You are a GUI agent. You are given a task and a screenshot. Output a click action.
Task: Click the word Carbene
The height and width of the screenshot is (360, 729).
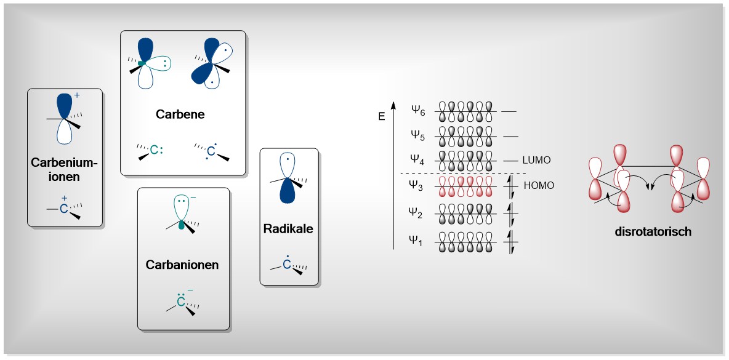(x=180, y=114)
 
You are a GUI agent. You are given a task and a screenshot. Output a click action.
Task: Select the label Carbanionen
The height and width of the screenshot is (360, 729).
(x=182, y=265)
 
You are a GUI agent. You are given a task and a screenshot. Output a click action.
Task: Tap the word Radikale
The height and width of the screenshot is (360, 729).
(x=289, y=229)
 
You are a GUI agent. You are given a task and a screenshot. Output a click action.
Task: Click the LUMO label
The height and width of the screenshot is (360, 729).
(x=536, y=160)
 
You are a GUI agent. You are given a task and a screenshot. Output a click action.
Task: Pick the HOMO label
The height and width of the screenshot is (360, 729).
(x=538, y=185)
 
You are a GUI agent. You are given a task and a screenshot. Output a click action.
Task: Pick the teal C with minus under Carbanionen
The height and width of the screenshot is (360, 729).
(x=181, y=302)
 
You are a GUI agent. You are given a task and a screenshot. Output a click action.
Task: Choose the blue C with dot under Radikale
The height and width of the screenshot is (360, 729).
(x=286, y=264)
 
